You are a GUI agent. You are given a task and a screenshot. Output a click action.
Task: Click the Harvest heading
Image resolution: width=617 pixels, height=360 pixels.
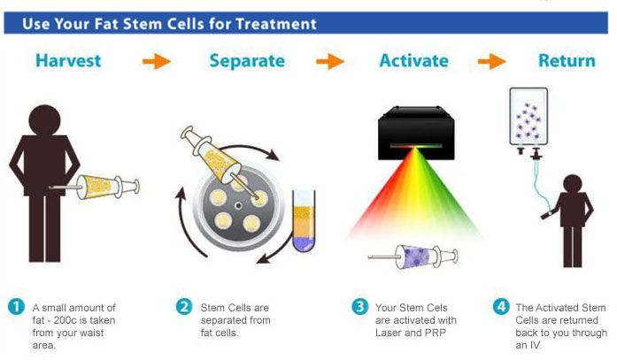(68, 61)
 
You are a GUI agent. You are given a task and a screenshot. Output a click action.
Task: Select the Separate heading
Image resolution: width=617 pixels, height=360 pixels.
(247, 61)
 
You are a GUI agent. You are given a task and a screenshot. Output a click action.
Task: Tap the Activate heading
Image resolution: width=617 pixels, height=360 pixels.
(414, 61)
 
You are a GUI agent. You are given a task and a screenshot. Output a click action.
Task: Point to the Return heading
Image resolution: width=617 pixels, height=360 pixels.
(567, 61)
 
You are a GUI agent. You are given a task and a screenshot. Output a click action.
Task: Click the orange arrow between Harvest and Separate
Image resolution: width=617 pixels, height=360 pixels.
(157, 61)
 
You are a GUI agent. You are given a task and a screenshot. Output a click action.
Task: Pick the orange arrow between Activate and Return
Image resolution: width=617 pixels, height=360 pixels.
(492, 61)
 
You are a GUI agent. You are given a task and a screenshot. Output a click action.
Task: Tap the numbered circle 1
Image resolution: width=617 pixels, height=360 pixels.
(16, 307)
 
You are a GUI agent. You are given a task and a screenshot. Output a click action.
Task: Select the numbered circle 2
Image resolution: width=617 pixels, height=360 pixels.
(184, 307)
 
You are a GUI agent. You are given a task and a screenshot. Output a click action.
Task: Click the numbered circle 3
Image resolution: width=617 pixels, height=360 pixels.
(360, 307)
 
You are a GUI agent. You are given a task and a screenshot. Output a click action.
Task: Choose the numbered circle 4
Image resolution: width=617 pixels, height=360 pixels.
(501, 307)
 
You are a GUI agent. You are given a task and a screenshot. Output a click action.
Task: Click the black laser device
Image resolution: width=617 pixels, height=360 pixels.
(416, 133)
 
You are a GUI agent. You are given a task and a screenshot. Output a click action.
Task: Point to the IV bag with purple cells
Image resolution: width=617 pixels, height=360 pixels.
(528, 118)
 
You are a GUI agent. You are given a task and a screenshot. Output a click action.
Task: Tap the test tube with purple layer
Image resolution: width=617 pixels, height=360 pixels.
(304, 220)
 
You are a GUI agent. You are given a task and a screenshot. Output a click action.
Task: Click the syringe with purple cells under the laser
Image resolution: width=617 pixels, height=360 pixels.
(413, 257)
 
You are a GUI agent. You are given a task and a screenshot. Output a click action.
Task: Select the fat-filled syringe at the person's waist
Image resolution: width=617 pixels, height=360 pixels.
(96, 187)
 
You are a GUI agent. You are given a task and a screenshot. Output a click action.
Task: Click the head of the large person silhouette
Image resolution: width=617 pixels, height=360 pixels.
(45, 120)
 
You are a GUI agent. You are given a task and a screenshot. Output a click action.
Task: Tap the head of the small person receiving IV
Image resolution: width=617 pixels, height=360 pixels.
(573, 184)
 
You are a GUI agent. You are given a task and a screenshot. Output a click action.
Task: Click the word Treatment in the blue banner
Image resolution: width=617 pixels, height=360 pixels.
(276, 24)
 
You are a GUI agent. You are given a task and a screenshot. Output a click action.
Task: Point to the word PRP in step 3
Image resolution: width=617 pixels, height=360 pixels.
(436, 333)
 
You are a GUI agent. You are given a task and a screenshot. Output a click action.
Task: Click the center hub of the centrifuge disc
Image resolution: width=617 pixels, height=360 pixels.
(238, 205)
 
